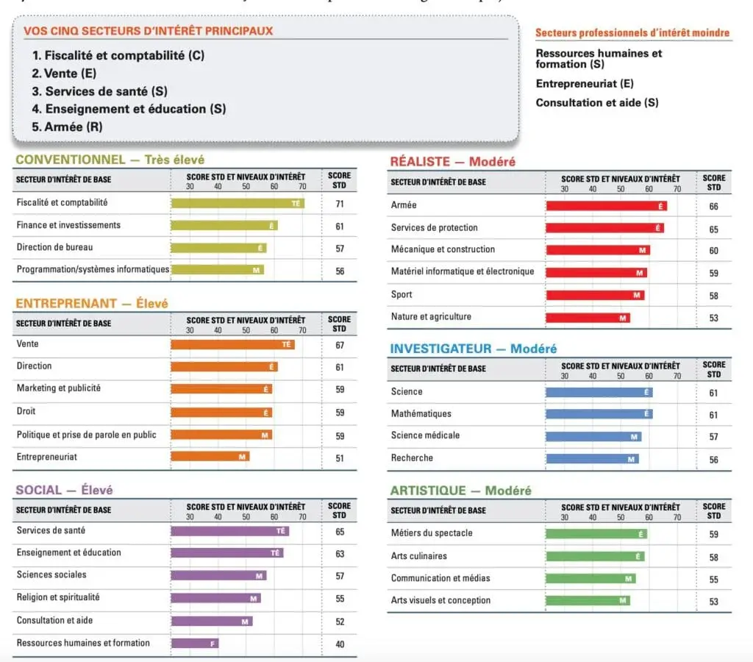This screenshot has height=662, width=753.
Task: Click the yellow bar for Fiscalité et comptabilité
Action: coord(238,203)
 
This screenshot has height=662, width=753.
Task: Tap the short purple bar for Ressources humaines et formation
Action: coord(195,644)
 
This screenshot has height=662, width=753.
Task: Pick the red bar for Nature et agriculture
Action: coord(588,318)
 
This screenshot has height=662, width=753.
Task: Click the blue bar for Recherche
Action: coord(592,459)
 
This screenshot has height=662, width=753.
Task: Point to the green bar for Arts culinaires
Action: coord(595,557)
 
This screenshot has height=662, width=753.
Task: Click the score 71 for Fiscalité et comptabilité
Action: coord(339,204)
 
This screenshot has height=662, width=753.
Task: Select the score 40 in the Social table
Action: coord(339,644)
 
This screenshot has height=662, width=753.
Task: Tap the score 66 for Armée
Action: coord(713,207)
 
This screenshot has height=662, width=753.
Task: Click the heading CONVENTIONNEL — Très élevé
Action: coord(110,160)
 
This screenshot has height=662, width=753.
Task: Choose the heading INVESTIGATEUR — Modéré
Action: coord(474,349)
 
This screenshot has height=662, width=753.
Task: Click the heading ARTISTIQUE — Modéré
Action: coord(460,491)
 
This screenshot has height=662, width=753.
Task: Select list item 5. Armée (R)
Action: coord(68,127)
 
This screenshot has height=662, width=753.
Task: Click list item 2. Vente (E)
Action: coord(64,74)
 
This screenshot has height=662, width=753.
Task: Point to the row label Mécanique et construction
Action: coord(443,249)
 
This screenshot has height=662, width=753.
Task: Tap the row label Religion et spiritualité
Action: coord(58,597)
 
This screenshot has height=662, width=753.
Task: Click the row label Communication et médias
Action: coord(440,578)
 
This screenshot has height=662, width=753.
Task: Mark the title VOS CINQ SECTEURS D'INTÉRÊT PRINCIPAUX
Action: coord(149,31)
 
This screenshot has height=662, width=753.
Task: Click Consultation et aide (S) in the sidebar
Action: coord(596,103)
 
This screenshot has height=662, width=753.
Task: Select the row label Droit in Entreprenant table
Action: coord(26,411)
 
